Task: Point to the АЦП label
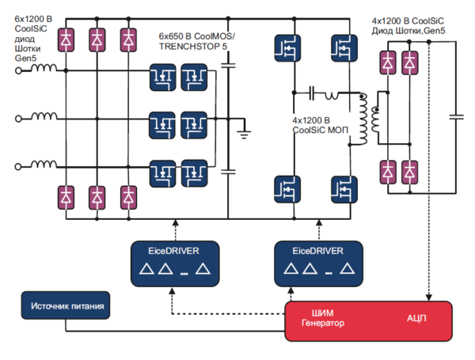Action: point(418,317)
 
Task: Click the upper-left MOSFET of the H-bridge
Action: point(285,47)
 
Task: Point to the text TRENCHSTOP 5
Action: point(192,47)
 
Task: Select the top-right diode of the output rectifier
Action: point(409,62)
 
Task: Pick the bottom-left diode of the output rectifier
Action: point(389,169)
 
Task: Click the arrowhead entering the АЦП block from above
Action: point(428,298)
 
